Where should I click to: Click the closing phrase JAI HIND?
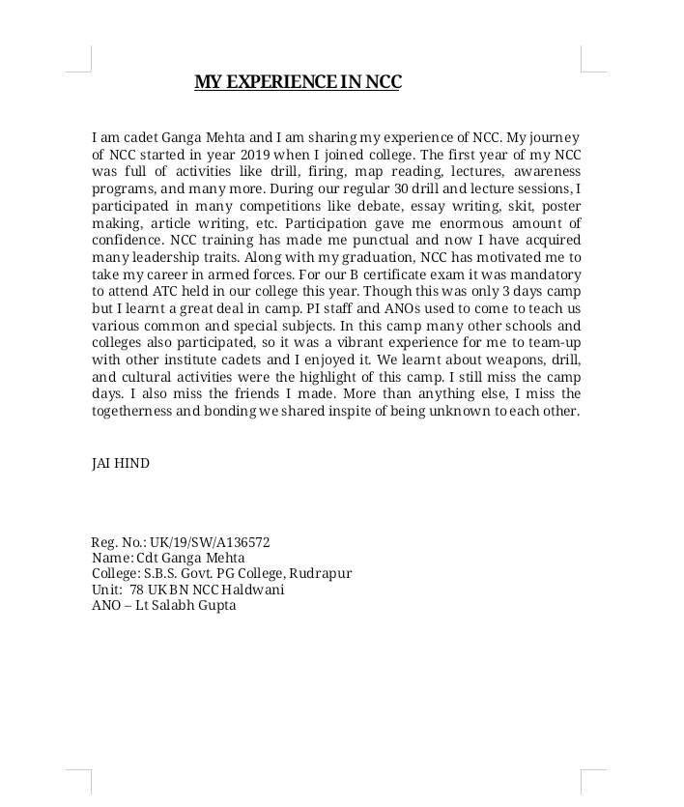pos(121,463)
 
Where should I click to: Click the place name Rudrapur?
pos(321,573)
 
